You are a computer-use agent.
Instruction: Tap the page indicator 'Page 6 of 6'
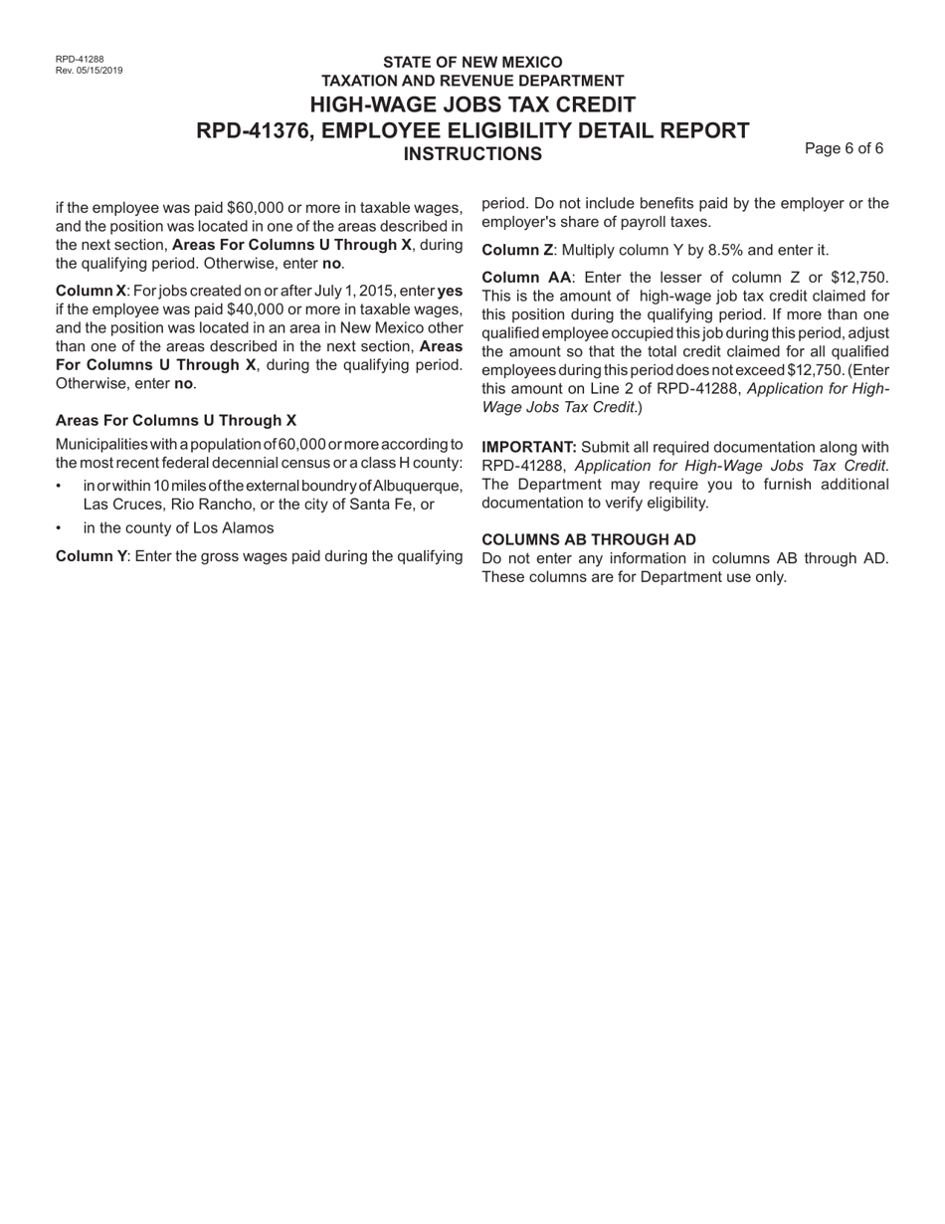844,148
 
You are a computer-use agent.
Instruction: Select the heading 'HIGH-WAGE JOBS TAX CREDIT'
472,104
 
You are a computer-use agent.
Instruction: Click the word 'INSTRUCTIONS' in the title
472,153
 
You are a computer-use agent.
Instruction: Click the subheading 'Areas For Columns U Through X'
176,421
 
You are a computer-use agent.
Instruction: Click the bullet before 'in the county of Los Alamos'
60,528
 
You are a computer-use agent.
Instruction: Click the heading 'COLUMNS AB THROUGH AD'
589,539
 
